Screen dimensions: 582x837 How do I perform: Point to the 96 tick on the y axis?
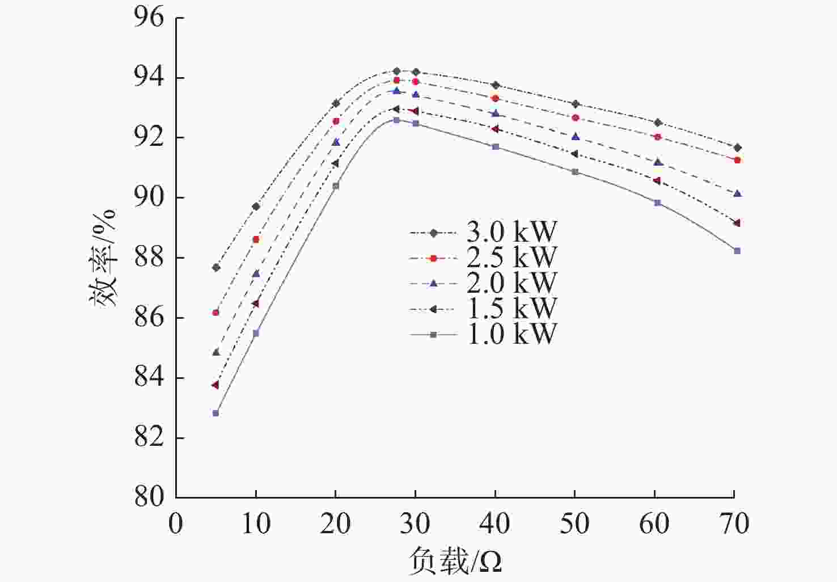(149, 18)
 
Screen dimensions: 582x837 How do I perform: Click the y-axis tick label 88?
(149, 258)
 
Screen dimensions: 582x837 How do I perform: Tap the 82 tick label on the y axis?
(149, 437)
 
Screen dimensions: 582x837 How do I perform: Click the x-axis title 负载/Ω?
(455, 562)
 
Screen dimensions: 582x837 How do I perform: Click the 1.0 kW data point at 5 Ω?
(215, 413)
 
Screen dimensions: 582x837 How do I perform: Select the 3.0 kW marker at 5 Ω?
(216, 267)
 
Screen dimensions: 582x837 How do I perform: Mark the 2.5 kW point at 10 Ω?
(256, 239)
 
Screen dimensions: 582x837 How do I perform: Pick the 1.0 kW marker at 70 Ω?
(737, 251)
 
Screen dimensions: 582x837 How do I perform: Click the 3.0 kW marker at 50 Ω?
(576, 104)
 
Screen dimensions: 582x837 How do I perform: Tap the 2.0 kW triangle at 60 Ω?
(658, 162)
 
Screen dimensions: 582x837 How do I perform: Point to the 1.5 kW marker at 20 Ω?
(335, 163)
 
